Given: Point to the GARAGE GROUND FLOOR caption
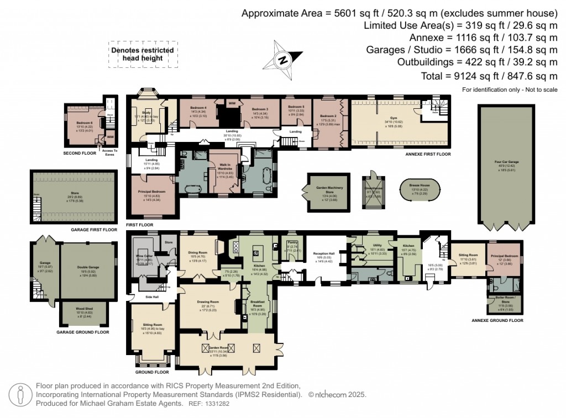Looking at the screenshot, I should [x=83, y=332].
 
